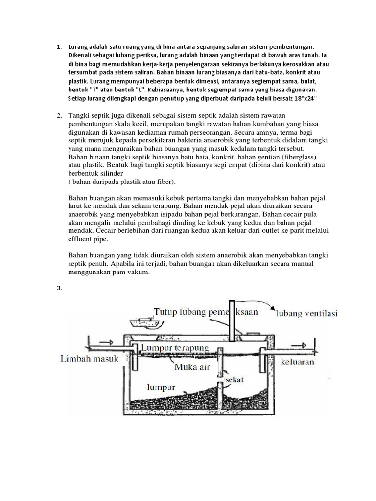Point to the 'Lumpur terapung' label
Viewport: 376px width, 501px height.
click(x=175, y=348)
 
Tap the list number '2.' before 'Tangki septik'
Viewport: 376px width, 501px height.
click(x=59, y=115)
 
